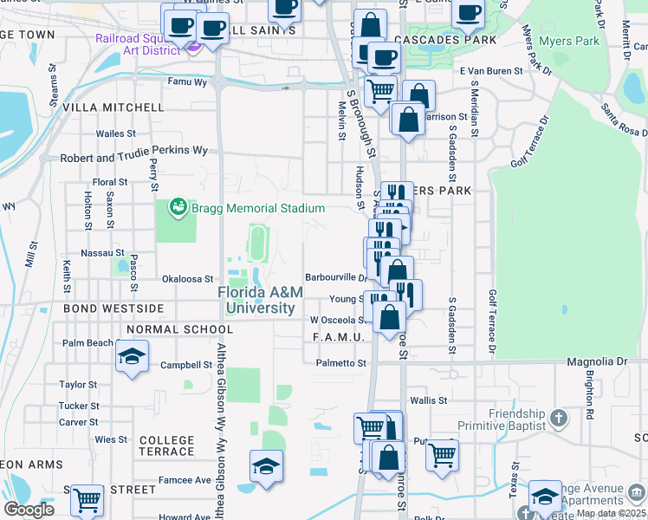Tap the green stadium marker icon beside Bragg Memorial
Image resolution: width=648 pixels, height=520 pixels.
pos(178,207)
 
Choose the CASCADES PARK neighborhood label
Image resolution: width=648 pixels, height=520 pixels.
pos(444,40)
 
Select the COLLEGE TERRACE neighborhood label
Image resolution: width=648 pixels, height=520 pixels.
pos(166,446)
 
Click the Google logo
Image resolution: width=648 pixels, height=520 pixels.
pos(29,510)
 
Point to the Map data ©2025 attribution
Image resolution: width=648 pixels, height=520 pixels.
pos(610,513)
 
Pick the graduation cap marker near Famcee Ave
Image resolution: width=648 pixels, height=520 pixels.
pos(266,465)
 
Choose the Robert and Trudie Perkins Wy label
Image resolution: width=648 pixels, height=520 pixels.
pos(133,150)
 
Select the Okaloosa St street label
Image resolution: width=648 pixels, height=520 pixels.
pos(188,279)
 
